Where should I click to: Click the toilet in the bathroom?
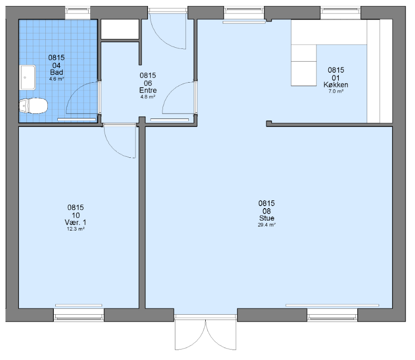coord(33,106)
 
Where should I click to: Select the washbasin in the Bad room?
coord(27,78)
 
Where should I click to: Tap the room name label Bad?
coord(57,72)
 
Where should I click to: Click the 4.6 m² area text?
coord(57,79)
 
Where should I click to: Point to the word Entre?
coord(148,90)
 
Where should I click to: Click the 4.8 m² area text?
coord(147,97)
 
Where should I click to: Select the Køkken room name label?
coord(336,85)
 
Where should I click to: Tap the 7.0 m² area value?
coord(336,91)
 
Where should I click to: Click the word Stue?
coord(267,218)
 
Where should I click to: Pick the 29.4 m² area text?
coord(267,225)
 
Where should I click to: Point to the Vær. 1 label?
coord(75,222)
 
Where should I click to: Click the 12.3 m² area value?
coord(75,229)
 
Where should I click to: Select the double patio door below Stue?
coord(205,333)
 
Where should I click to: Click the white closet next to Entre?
coord(121,29)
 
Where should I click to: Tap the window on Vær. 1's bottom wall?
coord(79,315)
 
